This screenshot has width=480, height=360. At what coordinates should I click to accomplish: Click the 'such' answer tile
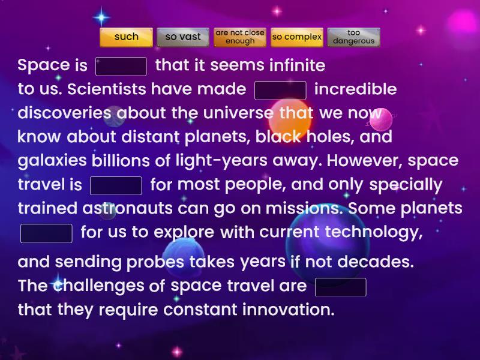tap(126, 37)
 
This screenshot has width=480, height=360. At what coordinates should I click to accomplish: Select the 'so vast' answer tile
tap(183, 37)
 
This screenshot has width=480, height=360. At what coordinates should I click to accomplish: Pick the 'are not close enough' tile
tap(240, 37)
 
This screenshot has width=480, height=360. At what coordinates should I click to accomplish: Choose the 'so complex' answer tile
tap(297, 37)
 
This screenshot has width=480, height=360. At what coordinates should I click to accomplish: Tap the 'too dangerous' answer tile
tap(353, 37)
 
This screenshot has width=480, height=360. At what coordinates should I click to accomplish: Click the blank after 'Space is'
tap(121, 66)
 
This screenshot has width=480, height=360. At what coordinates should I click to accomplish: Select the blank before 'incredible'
tap(281, 90)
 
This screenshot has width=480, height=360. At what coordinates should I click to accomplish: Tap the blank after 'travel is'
tap(116, 185)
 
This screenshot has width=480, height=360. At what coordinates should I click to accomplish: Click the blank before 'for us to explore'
tap(46, 233)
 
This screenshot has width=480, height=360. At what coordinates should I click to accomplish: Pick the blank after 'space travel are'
tap(340, 287)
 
